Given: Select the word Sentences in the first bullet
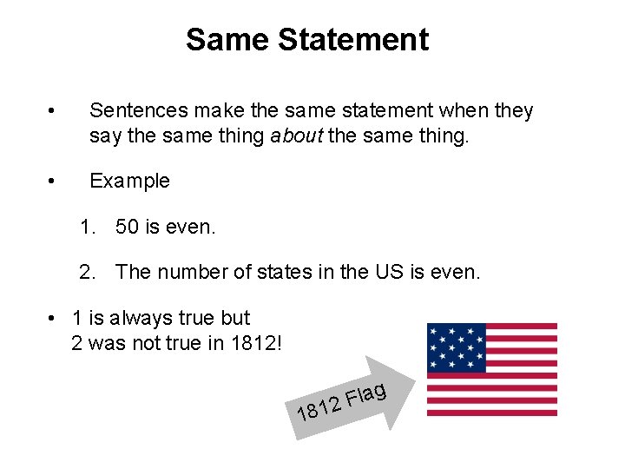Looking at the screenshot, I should pyautogui.click(x=138, y=111).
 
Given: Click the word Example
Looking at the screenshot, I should pyautogui.click(x=129, y=182).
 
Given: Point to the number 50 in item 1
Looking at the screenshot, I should pyautogui.click(x=127, y=228).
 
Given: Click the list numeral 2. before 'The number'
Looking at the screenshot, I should pyautogui.click(x=88, y=272).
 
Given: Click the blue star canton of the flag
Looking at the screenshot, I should pyautogui.click(x=456, y=347).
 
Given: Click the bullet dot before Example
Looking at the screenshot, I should pyautogui.click(x=53, y=182).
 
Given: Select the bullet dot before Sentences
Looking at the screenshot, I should pyautogui.click(x=53, y=111).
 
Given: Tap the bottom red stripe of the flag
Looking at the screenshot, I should pyautogui.click(x=492, y=413).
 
